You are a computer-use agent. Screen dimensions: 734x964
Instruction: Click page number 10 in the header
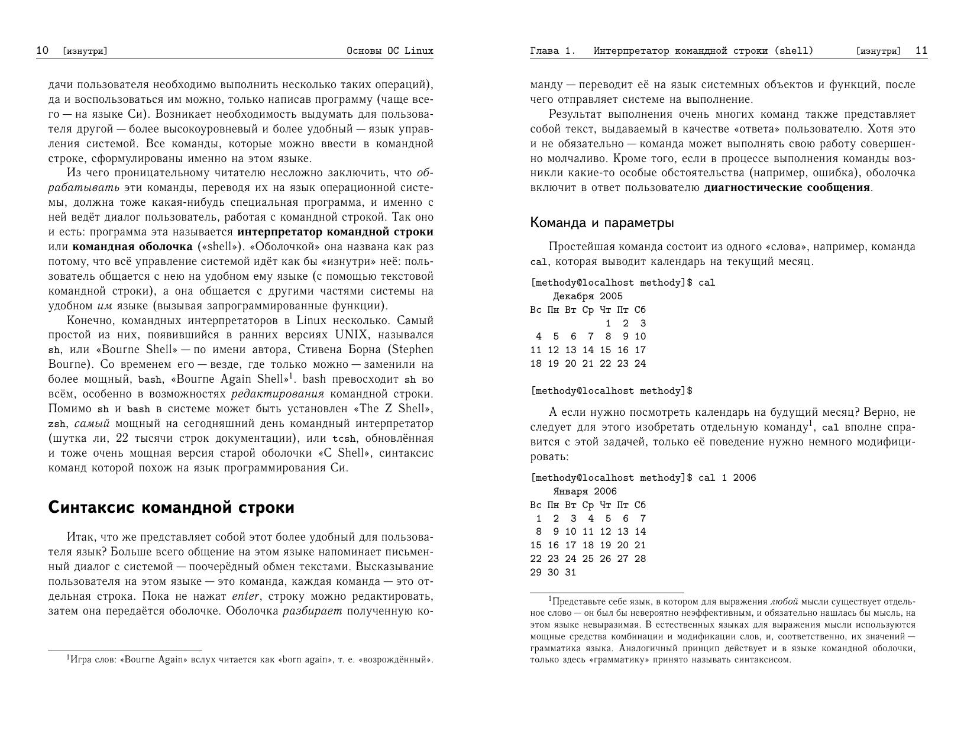42,50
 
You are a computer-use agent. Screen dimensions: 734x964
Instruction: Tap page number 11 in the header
921,50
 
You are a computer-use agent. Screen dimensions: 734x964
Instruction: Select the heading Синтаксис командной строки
171,507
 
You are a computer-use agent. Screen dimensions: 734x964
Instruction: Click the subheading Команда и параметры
601,223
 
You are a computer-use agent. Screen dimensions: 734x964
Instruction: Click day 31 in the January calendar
570,573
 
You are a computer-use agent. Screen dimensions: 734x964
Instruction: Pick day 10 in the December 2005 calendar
640,337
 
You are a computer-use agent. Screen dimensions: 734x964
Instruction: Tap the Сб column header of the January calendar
640,505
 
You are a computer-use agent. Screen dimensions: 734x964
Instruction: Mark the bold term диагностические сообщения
787,188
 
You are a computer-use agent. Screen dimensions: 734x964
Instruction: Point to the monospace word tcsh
344,439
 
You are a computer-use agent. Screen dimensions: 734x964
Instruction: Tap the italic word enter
245,596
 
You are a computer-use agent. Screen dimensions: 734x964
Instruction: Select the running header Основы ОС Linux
390,51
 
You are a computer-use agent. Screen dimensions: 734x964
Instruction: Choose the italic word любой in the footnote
784,602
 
